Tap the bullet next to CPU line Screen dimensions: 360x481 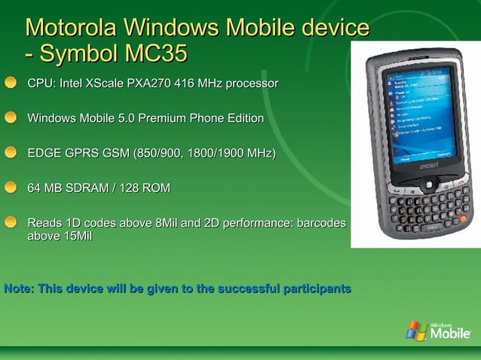point(12,83)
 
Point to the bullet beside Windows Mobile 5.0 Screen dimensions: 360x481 point(12,118)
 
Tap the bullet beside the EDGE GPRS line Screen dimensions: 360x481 point(12,154)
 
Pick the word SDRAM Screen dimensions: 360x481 point(87,188)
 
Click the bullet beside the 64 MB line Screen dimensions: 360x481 point(12,188)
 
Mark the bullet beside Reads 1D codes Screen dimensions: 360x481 point(12,223)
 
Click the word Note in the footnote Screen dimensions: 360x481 point(18,289)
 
